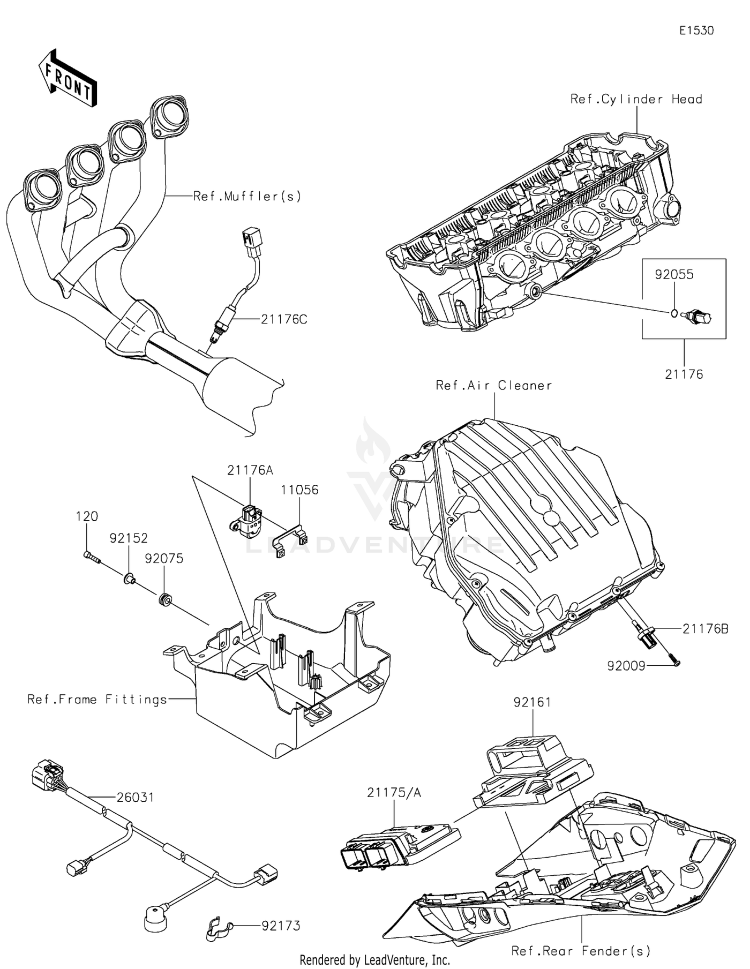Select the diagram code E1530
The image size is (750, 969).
[x=696, y=31]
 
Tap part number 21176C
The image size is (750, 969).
[x=283, y=319]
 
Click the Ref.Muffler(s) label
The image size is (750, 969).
[x=247, y=196]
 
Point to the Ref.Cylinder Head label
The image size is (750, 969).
[x=636, y=99]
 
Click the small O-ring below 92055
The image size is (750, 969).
[x=674, y=313]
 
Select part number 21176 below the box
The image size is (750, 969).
[x=683, y=374]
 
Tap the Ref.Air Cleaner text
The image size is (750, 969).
[x=493, y=385]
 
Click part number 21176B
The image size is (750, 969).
[x=705, y=628]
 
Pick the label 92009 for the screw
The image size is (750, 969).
[x=626, y=665]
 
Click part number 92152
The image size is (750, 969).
[x=128, y=538]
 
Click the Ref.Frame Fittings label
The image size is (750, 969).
[x=97, y=699]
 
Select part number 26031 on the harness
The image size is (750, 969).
[x=135, y=797]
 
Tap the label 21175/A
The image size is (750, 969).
[x=393, y=792]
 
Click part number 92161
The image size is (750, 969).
[x=532, y=702]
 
